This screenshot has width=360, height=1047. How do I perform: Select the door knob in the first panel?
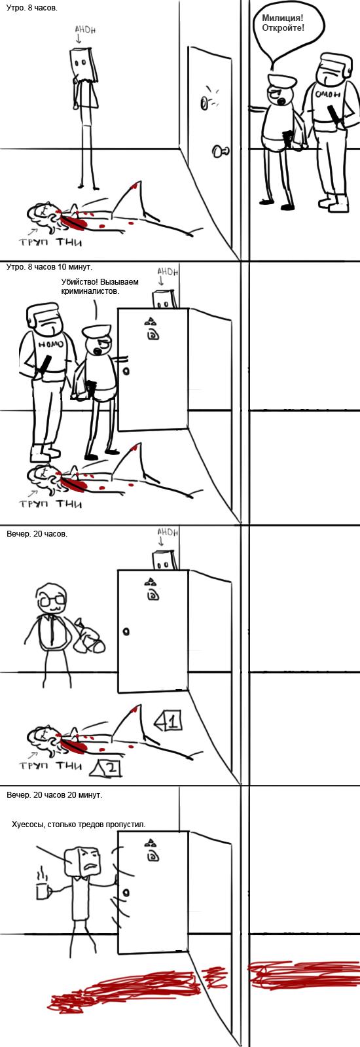click(220, 151)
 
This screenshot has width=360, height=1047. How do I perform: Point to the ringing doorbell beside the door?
click(206, 103)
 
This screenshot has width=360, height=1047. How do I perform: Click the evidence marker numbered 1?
click(168, 722)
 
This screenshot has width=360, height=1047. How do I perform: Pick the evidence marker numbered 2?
click(107, 768)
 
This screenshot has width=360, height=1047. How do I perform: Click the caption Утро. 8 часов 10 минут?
click(50, 267)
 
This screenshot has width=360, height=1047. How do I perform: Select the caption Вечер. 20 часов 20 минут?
click(54, 794)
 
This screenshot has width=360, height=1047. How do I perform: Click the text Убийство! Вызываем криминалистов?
click(99, 286)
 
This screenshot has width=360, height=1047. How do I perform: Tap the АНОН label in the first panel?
click(85, 29)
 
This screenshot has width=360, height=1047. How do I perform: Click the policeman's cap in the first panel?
click(282, 80)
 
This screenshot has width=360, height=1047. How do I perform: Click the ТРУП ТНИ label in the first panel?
click(50, 242)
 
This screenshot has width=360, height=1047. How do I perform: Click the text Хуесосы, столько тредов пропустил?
click(79, 824)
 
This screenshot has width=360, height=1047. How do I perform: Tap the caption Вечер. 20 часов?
click(37, 533)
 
